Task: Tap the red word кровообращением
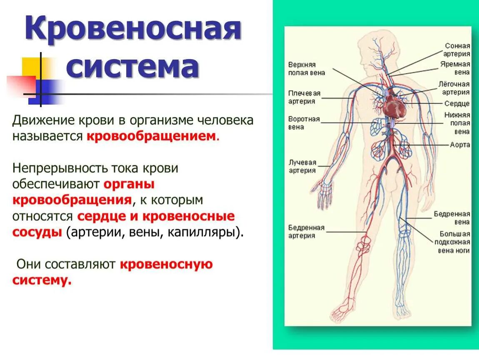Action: coord(152,136)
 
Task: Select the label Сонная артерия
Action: coord(457,50)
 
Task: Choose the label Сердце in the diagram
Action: coord(457,103)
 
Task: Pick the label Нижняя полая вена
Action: coord(457,123)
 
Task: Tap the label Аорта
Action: coord(460,145)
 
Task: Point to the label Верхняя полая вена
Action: coord(306,69)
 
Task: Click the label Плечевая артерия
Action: coord(304,97)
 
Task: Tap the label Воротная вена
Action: coord(304,123)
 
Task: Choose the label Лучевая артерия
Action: coord(302,166)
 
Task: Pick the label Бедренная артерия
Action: coord(306,232)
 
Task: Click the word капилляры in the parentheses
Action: coord(204,232)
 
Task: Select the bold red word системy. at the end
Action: coord(42,280)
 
